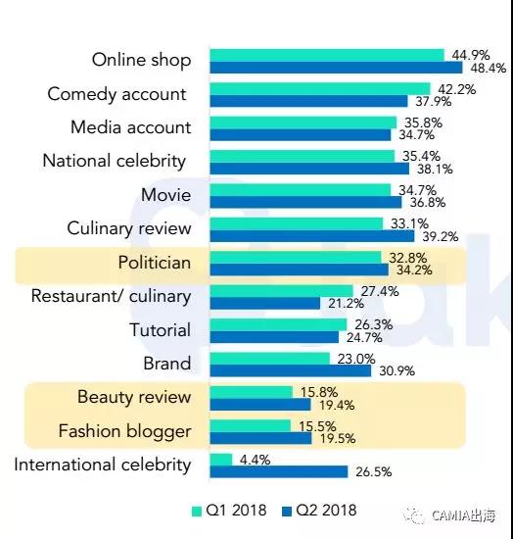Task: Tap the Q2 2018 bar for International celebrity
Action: [278, 471]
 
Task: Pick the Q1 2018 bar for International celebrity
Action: [220, 459]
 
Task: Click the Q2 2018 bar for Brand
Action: [290, 370]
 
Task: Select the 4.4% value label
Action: [256, 458]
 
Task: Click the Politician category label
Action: [155, 263]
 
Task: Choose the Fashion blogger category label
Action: [124, 430]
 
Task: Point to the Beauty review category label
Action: [134, 397]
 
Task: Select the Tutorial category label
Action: [161, 330]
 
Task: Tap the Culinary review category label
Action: [129, 228]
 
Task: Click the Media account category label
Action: [131, 127]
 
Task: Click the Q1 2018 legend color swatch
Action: [196, 510]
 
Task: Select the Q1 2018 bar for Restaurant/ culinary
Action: [277, 290]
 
